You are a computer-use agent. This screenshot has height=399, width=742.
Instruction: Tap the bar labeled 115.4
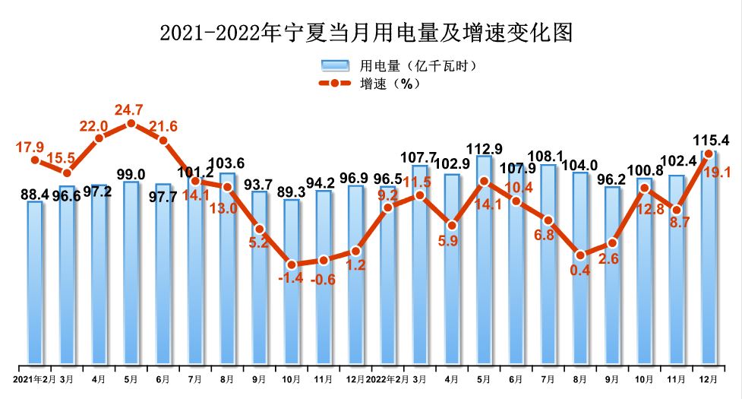[x=708, y=258]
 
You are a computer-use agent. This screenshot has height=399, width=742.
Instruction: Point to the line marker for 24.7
[x=131, y=123]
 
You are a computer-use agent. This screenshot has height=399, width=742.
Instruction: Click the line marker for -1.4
[x=292, y=264]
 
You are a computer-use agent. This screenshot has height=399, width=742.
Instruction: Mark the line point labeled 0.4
[x=580, y=255]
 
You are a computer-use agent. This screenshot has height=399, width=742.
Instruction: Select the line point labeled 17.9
[x=35, y=160]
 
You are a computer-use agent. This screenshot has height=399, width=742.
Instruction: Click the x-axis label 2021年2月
[x=33, y=378]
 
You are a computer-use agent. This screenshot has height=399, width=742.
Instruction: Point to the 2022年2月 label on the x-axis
[x=387, y=378]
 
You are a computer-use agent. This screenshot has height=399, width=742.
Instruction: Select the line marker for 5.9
[x=452, y=225]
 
